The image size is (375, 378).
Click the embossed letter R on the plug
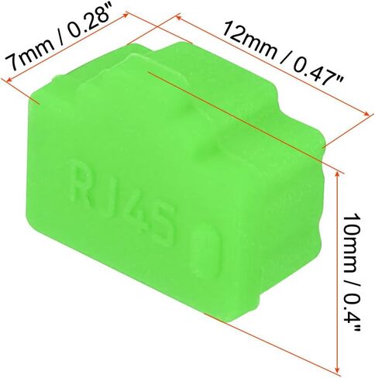pos(81,182)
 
